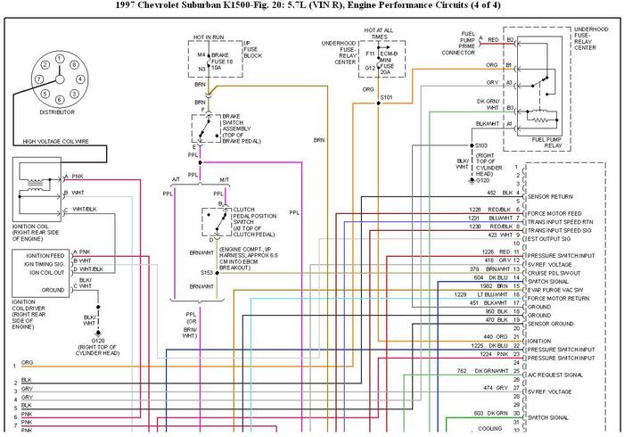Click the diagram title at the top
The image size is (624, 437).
(x=311, y=7)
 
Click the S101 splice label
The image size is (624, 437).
(x=386, y=95)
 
